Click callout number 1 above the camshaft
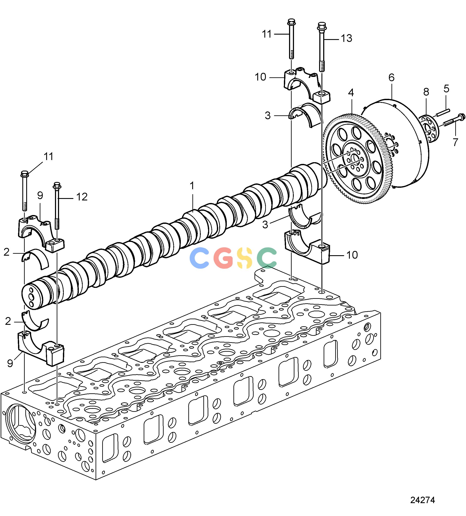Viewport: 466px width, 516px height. (192, 186)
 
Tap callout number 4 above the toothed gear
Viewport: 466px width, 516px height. (351, 93)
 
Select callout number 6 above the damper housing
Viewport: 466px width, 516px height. (391, 77)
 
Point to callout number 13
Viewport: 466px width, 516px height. (346, 38)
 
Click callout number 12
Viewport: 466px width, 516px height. (82, 197)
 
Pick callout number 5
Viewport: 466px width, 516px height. (446, 89)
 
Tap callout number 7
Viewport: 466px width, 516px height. (455, 142)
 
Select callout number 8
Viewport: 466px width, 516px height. (426, 92)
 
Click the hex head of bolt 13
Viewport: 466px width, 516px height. (322, 26)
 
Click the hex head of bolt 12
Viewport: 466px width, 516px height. (56, 185)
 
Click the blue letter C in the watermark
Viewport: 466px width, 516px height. (199, 258)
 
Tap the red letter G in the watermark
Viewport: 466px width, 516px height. (223, 258)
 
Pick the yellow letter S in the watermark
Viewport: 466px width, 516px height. (245, 258)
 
